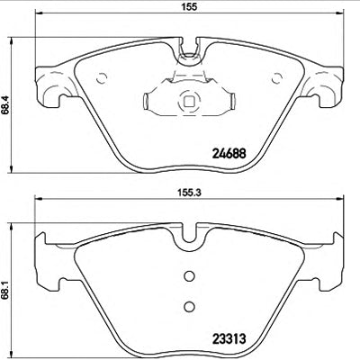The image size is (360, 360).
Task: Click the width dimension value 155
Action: (x=189, y=6)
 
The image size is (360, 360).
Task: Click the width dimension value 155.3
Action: (x=189, y=193)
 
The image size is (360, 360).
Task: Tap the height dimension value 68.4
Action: (x=4, y=104)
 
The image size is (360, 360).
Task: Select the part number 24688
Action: (x=229, y=154)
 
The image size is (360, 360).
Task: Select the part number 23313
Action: (x=229, y=339)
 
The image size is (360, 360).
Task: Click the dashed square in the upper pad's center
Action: (x=189, y=101)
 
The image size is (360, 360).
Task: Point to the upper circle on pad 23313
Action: (x=189, y=276)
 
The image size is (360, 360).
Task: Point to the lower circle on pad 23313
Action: (x=189, y=306)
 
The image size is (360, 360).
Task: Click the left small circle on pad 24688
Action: (x=102, y=78)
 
